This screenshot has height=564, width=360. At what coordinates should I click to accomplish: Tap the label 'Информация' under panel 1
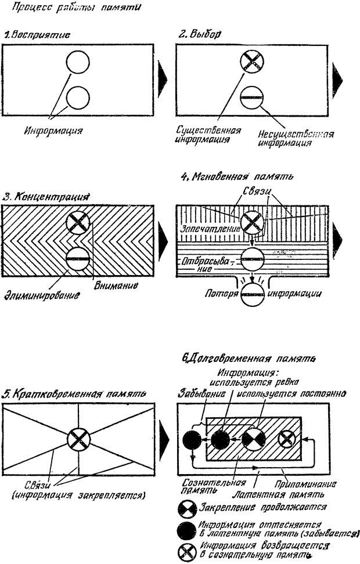(53, 131)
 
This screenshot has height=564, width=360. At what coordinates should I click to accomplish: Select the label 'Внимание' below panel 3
(116, 286)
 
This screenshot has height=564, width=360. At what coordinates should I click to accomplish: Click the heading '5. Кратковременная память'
(73, 395)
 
